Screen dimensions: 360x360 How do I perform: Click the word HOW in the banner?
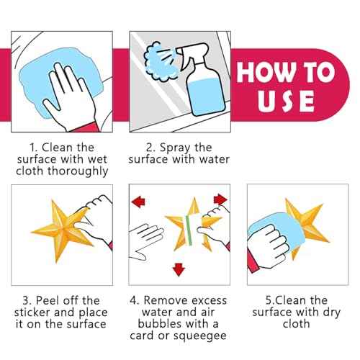[x=266, y=72]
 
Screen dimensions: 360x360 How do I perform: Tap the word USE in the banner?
[x=287, y=101]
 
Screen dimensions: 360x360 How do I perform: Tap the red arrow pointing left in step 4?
[x=138, y=202]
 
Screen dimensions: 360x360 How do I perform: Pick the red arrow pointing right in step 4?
[x=220, y=199]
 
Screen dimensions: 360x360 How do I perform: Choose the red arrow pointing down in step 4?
[x=179, y=269]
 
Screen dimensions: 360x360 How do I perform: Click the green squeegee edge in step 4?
[x=189, y=230]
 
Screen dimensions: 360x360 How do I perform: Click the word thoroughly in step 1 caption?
[x=78, y=171]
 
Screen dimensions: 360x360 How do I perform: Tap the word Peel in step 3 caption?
[x=49, y=300]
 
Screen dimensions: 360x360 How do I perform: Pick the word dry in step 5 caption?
[x=331, y=312]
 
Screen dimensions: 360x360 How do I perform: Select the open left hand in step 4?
[x=144, y=240]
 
